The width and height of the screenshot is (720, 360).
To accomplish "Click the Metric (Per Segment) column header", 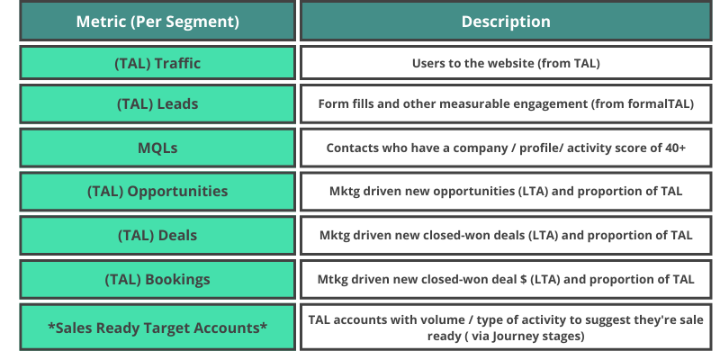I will (157, 22).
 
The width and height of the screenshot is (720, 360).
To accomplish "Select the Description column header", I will (506, 22).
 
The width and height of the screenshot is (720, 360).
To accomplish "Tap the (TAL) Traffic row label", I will (157, 64).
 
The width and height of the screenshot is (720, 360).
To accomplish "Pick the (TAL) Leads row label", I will (157, 104).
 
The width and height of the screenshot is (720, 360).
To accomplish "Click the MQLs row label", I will (157, 148).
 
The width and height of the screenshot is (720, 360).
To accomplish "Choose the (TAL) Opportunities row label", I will (157, 192).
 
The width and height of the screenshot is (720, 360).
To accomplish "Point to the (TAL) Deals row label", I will (157, 236).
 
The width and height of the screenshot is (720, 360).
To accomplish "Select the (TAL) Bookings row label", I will (157, 279).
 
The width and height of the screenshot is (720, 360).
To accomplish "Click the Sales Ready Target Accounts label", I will (157, 327).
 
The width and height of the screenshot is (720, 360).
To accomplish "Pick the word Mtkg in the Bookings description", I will (334, 280).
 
